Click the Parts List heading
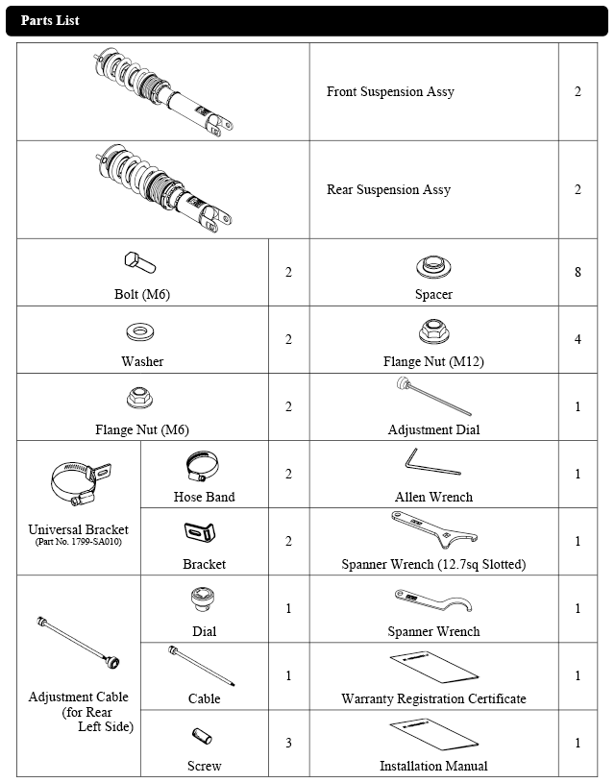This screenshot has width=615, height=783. [50, 20]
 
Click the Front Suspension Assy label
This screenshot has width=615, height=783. [390, 92]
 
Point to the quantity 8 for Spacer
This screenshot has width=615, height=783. [578, 272]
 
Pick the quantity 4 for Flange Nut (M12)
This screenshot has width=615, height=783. [578, 339]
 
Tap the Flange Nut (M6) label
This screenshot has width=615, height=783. [142, 429]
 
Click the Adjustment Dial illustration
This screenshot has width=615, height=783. [432, 397]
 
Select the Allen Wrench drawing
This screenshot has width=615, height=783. [432, 463]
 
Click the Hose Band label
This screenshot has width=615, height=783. [204, 497]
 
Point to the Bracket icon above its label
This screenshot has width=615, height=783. [202, 534]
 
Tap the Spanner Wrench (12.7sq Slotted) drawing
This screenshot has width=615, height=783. [432, 528]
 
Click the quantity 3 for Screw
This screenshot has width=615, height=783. [288, 743]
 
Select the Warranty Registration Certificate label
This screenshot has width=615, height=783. [433, 698]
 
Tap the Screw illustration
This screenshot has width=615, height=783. [202, 737]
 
